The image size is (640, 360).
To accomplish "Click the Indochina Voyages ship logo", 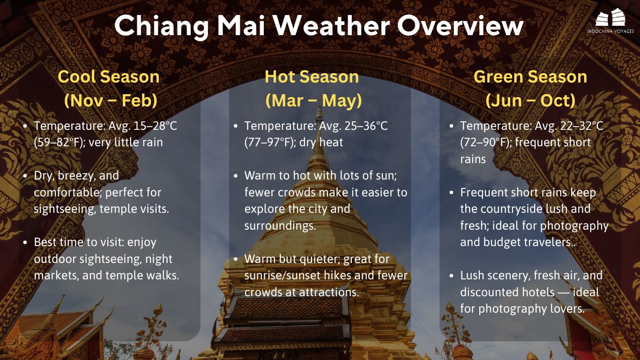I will click(x=610, y=18).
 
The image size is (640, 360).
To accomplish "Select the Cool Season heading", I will click(x=109, y=77).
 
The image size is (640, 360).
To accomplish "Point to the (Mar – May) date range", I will click(x=313, y=101).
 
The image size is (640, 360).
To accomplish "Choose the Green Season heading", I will click(x=530, y=77).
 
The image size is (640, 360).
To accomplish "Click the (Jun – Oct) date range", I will click(x=530, y=101).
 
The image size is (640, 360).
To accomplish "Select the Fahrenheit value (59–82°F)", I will click(x=58, y=142).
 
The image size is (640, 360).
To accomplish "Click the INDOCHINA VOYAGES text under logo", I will click(x=610, y=31).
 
